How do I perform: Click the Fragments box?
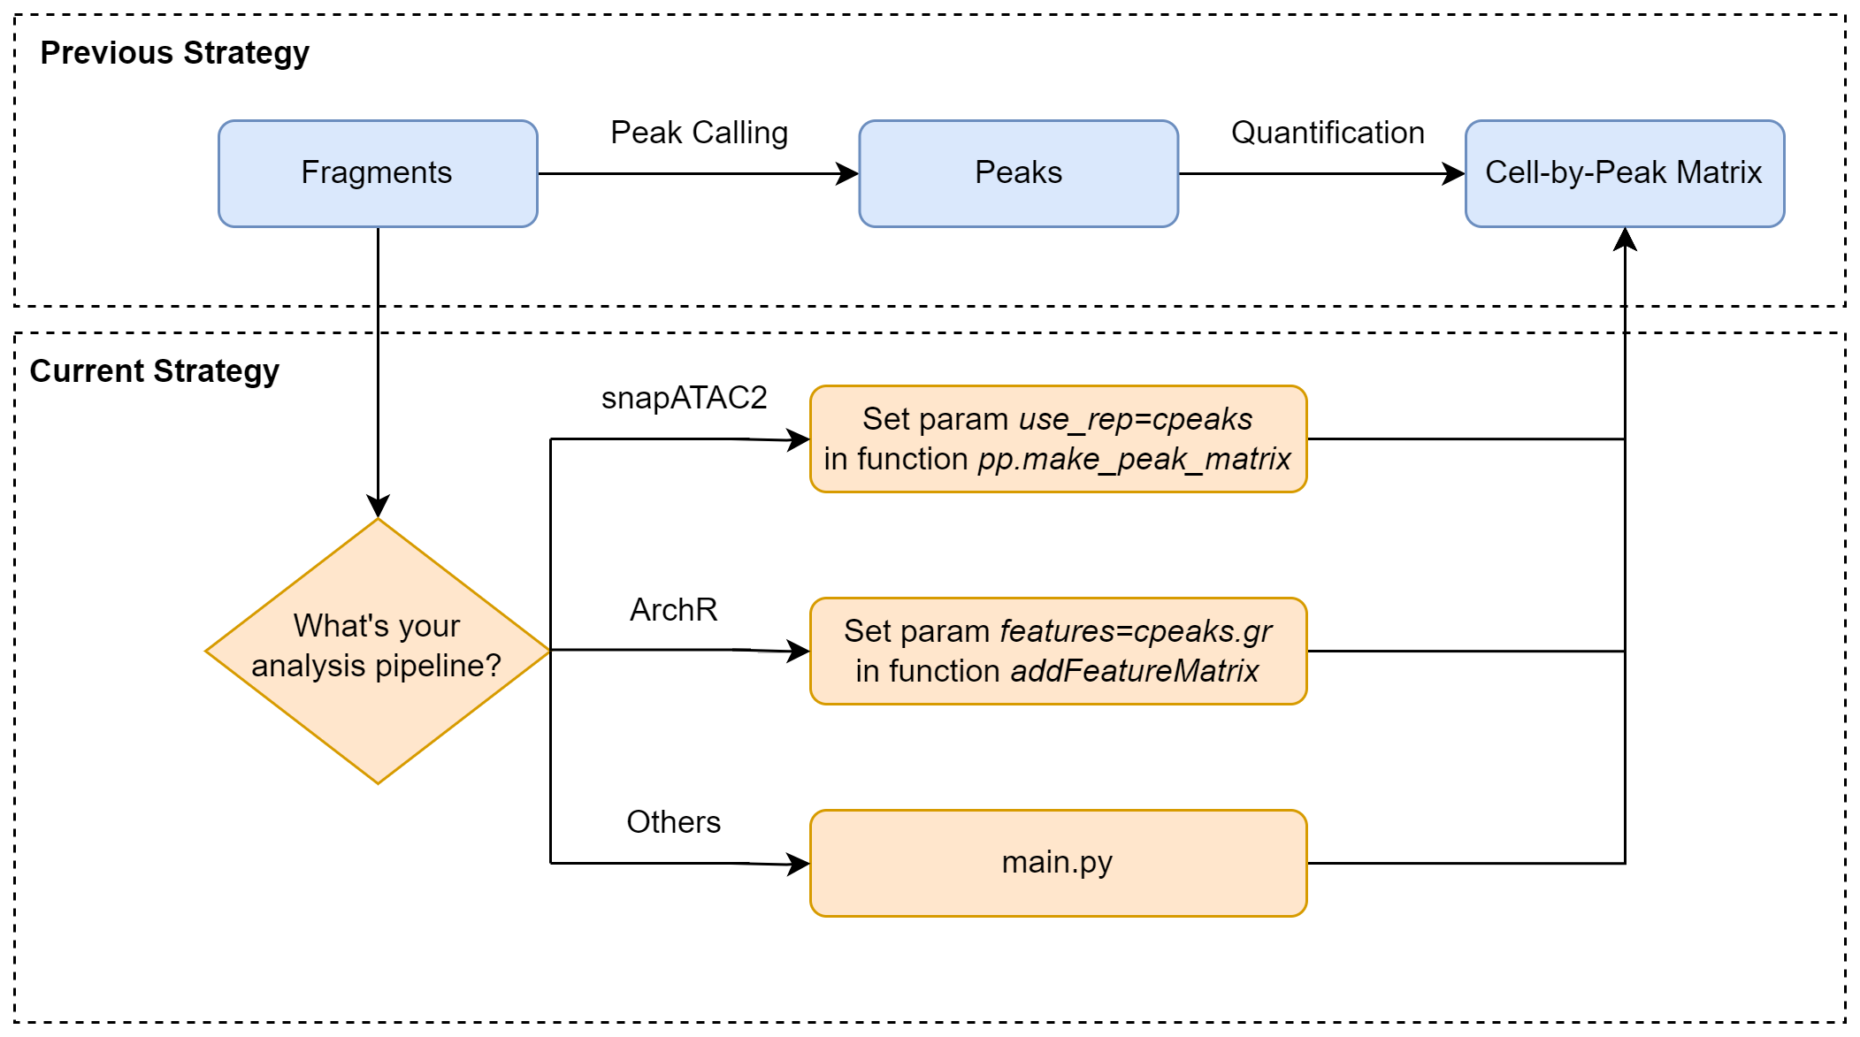[x=378, y=173]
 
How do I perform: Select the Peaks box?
[x=1018, y=173]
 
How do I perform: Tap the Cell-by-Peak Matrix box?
[x=1624, y=173]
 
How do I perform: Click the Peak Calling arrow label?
[x=699, y=133]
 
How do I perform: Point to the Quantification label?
[x=1328, y=133]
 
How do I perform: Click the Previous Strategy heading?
[x=174, y=53]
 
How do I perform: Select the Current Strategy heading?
[x=154, y=371]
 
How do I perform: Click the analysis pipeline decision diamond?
[x=378, y=651]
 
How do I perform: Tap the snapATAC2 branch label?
[x=684, y=398]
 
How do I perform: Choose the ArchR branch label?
[x=673, y=610]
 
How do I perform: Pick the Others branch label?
[x=673, y=822]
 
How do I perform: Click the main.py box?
[x=1058, y=863]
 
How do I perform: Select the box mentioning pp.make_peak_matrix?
[x=1058, y=439]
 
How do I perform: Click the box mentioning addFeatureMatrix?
[x=1058, y=652]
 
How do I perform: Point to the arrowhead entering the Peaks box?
[x=849, y=174]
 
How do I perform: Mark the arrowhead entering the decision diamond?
[x=378, y=507]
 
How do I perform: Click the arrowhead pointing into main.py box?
[x=800, y=864]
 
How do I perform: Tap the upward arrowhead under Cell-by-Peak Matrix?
[x=1625, y=239]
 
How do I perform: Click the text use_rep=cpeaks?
[x=1135, y=419]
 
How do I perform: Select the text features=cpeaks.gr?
[x=1135, y=631]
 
